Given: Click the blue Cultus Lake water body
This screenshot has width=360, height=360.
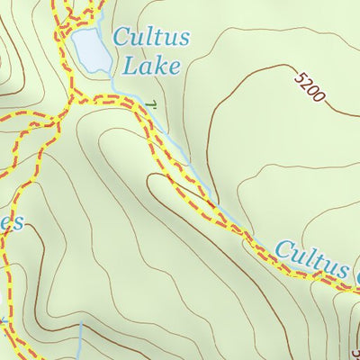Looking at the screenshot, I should [x=90, y=49].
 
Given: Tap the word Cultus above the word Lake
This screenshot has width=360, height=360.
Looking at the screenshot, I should [x=151, y=39].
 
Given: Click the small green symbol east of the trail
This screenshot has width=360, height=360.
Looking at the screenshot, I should [x=152, y=105].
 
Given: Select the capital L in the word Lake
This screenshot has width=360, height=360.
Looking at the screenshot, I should [x=134, y=65].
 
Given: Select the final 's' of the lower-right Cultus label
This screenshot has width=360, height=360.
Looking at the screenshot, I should [x=340, y=269].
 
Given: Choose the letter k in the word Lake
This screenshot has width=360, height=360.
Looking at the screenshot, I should [x=161, y=65].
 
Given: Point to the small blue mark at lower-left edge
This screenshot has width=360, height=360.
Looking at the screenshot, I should [x=4, y=319].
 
